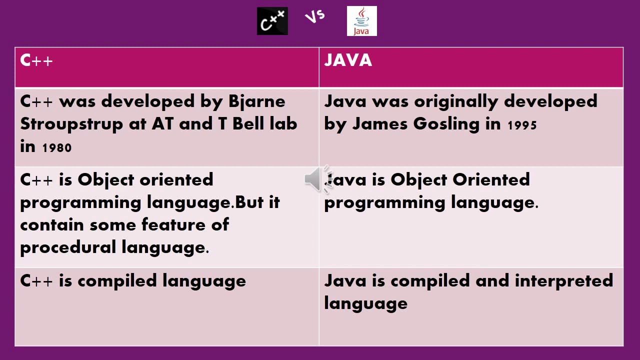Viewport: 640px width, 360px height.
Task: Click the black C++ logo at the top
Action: click(272, 21)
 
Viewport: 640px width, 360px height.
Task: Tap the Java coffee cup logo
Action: click(361, 21)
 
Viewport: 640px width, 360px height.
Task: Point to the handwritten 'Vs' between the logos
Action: click(315, 16)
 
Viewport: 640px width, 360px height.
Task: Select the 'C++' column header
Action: click(36, 60)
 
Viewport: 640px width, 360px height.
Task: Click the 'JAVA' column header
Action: click(348, 60)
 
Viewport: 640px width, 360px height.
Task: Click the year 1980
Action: click(57, 147)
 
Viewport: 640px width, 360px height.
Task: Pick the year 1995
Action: click(522, 125)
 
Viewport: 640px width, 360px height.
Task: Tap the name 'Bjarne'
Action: click(256, 102)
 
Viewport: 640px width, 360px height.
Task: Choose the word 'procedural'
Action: click(68, 247)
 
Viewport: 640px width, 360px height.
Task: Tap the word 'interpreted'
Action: click(563, 281)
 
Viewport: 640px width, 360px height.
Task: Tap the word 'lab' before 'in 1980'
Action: click(283, 124)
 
